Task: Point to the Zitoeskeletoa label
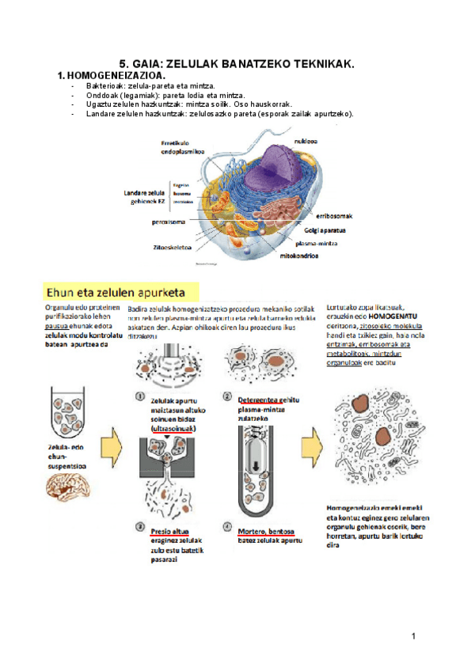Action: point(173,247)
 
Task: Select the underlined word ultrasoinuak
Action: point(174,428)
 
